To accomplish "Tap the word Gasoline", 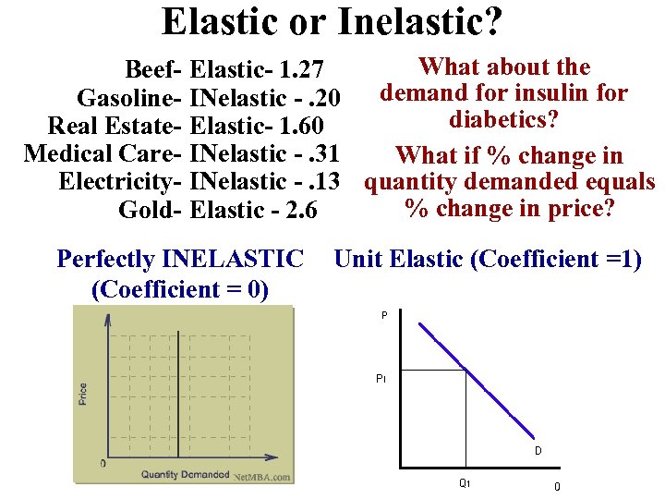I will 129,97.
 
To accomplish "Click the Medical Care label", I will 102,153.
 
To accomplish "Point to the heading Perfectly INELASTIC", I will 180,259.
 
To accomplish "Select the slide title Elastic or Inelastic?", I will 332,22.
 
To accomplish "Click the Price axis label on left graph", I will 83,394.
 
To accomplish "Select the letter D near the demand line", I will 537,451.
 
